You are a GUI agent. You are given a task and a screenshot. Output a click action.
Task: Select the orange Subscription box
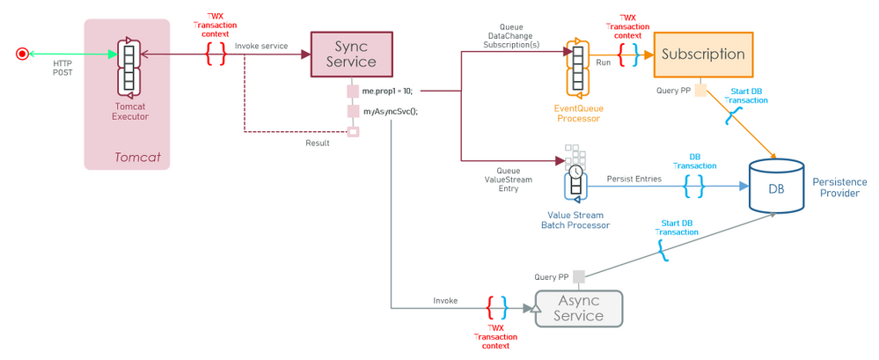[703, 54]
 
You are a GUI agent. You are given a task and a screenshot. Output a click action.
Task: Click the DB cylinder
[775, 186]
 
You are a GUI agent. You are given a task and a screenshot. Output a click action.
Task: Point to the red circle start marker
[22, 54]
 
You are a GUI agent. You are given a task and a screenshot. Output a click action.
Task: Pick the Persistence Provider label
[839, 187]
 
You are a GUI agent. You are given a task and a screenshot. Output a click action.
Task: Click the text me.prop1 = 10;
[386, 91]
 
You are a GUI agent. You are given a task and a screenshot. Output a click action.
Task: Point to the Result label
[318, 143]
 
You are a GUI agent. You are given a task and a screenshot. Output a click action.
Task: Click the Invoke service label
[261, 45]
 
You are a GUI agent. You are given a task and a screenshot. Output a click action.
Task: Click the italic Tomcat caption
[136, 157]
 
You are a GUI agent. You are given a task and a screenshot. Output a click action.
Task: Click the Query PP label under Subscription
[673, 90]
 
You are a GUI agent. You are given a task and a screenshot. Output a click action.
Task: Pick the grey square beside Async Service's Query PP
[578, 276]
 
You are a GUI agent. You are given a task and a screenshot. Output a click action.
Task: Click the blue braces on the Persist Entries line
[693, 186]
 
